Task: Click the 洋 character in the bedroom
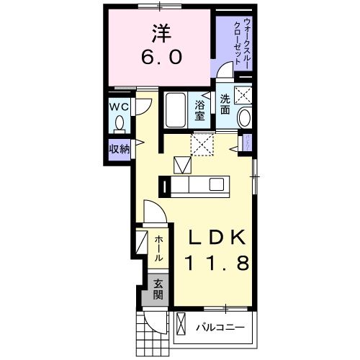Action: pyautogui.click(x=161, y=33)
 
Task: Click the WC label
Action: pyautogui.click(x=120, y=105)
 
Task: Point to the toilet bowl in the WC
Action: pyautogui.click(x=119, y=123)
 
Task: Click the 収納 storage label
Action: pyautogui.click(x=119, y=149)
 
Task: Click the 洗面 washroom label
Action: pyautogui.click(x=225, y=104)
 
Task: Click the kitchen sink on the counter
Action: pyautogui.click(x=216, y=184)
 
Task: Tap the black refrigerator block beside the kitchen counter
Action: pyautogui.click(x=167, y=187)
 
